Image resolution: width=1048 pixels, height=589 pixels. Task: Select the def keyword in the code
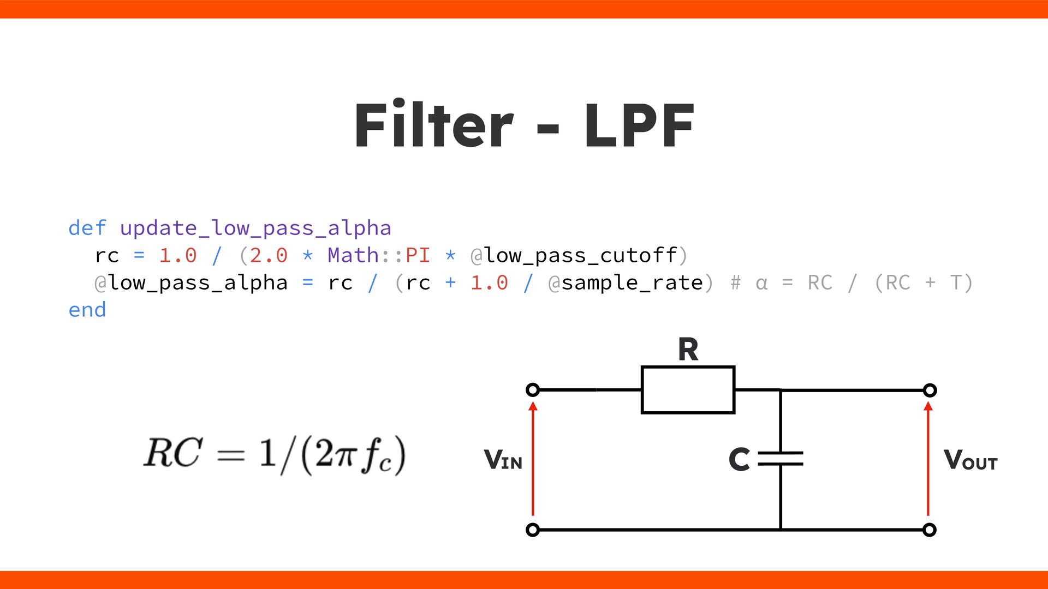click(x=87, y=228)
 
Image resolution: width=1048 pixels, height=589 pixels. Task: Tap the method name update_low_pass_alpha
click(x=255, y=228)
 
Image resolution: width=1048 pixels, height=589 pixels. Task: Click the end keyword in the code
click(x=87, y=310)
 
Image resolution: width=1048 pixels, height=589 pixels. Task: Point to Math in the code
click(x=353, y=255)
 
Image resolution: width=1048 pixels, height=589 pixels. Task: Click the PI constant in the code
click(x=418, y=255)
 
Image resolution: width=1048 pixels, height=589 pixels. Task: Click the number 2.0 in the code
click(x=269, y=255)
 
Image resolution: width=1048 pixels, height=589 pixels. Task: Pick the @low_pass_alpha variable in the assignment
click(x=191, y=283)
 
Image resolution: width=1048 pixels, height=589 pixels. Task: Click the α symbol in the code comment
click(x=761, y=283)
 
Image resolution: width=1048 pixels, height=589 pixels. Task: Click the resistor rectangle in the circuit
click(x=688, y=390)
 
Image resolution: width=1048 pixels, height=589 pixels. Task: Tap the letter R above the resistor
click(x=688, y=350)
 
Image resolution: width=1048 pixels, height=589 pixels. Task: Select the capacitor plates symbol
click(x=781, y=459)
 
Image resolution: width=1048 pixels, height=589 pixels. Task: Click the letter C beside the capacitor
click(x=739, y=459)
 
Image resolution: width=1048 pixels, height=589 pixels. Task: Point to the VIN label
click(x=503, y=460)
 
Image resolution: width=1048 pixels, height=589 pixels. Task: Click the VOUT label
click(x=970, y=460)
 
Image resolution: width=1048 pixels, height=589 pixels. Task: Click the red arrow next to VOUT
click(x=928, y=458)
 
